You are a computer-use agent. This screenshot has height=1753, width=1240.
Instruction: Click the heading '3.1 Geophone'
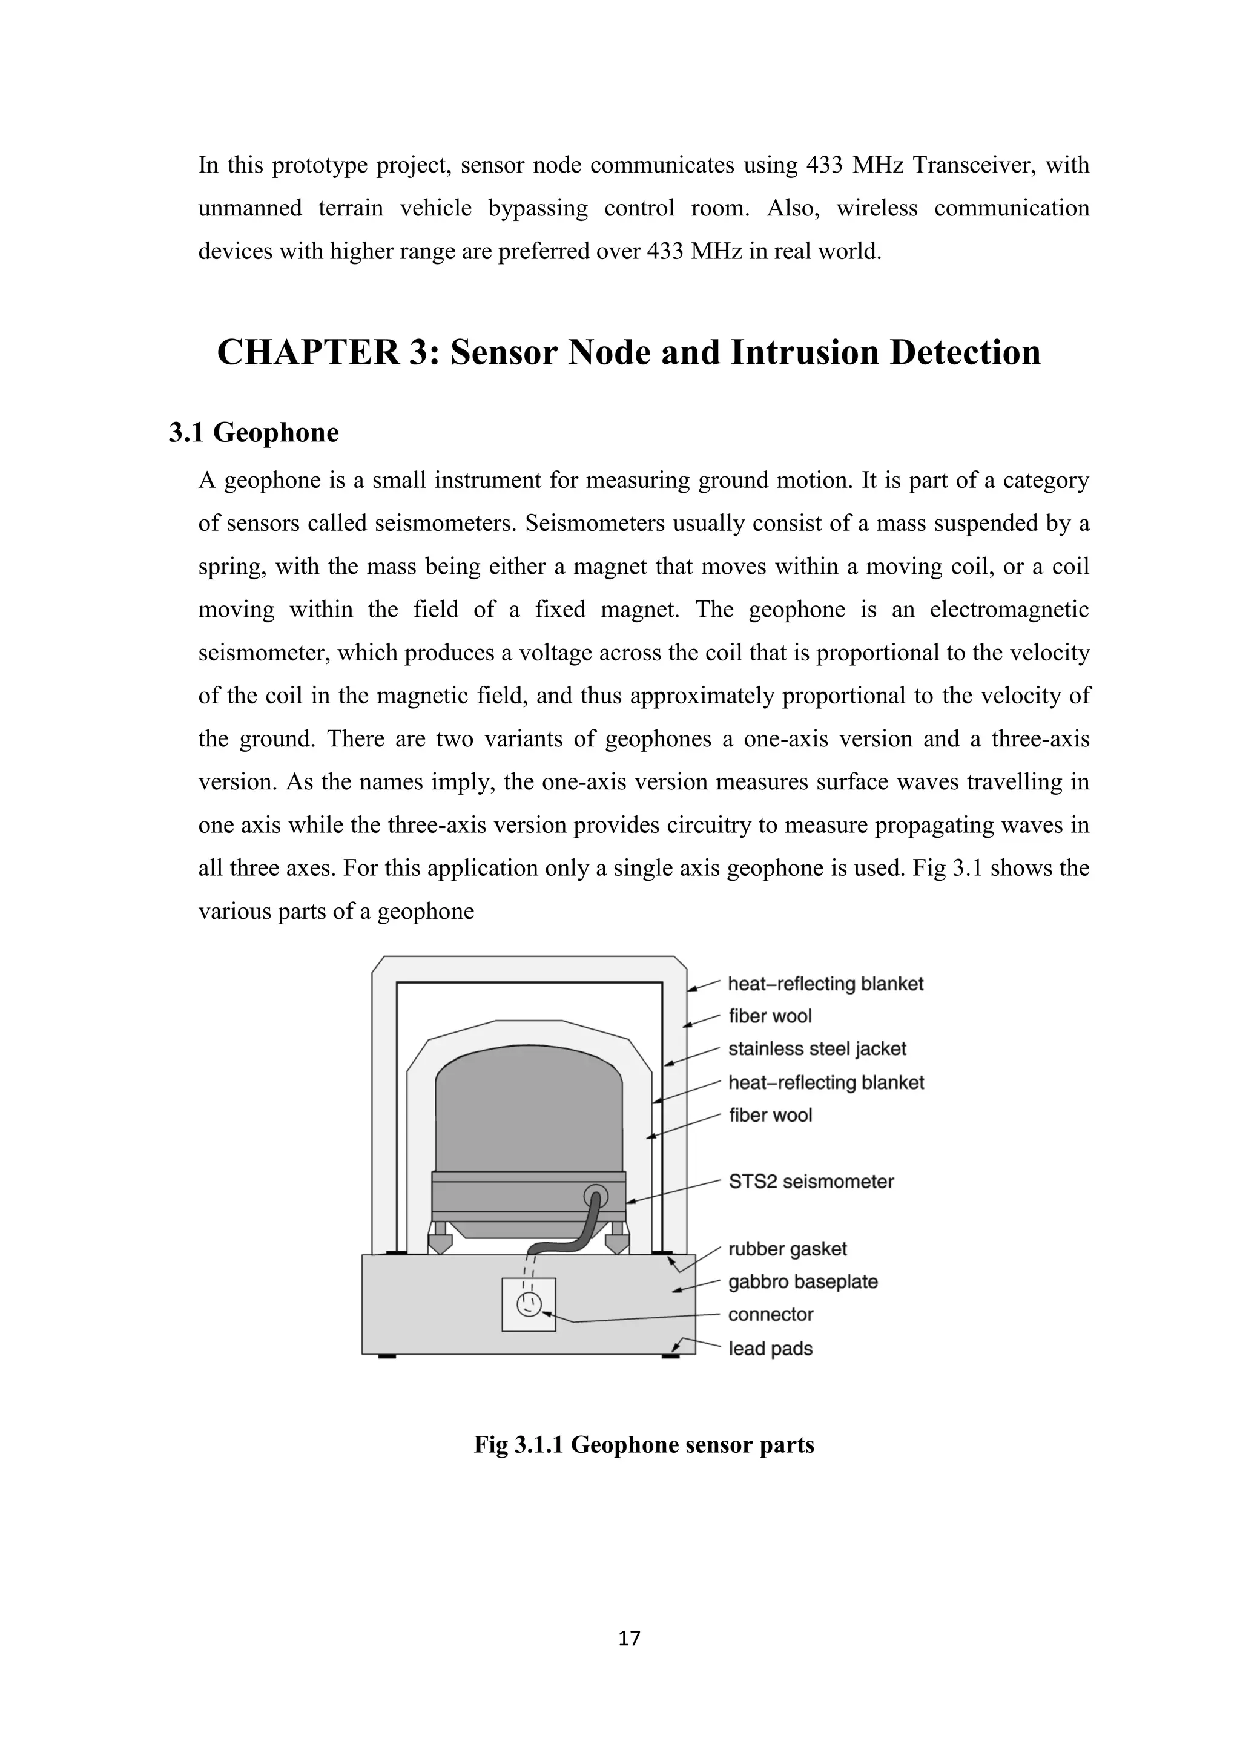(254, 433)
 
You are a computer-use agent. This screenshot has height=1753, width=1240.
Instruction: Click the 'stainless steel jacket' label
(817, 1049)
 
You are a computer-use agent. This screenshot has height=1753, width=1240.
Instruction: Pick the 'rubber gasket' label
(787, 1249)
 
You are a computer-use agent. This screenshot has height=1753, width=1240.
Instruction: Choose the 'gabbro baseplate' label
(802, 1282)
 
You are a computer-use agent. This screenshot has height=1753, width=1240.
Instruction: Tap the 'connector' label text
(770, 1315)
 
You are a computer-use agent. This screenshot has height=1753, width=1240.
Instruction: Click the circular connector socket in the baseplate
(527, 1305)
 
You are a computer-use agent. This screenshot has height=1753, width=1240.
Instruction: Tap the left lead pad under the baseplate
(386, 1356)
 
